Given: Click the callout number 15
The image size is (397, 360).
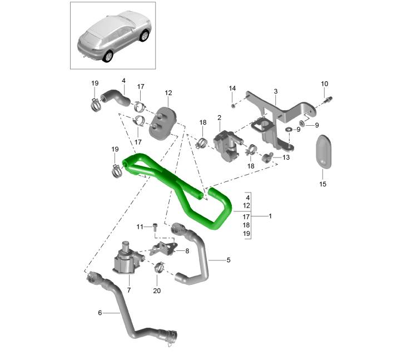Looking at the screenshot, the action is pyautogui.click(x=322, y=184).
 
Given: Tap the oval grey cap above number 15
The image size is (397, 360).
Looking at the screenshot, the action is pyautogui.click(x=323, y=151).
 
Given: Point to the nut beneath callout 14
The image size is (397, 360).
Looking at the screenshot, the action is pyautogui.click(x=232, y=105).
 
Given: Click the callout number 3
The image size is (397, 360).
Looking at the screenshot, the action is pyautogui.click(x=275, y=91).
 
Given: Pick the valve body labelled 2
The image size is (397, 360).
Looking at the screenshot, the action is pyautogui.click(x=227, y=145).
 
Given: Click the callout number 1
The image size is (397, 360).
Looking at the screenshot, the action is pyautogui.click(x=270, y=216).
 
